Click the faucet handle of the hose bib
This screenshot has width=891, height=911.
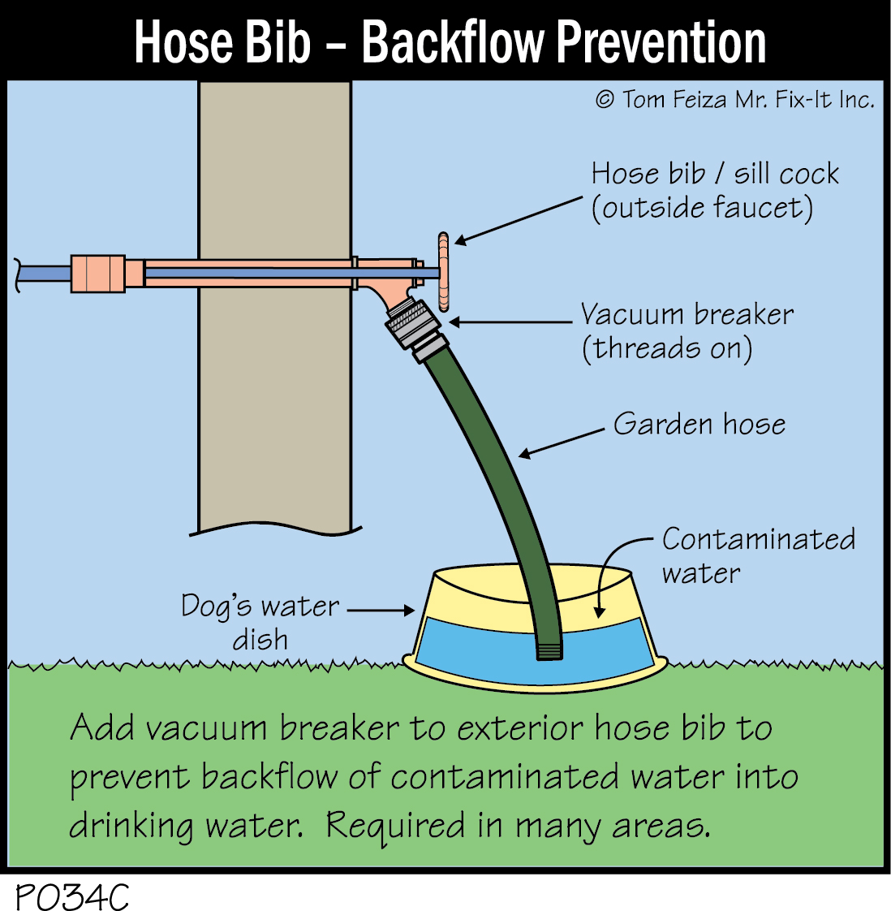coord(443,272)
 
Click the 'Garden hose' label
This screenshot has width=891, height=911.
coord(699,424)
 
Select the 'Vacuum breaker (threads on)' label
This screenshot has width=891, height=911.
coord(686,331)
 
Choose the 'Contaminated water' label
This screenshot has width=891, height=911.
coord(758,555)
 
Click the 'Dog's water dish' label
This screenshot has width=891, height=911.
coord(260,622)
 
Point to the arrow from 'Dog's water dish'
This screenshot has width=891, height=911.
coord(381,610)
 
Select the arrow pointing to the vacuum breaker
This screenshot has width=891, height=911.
coord(511,322)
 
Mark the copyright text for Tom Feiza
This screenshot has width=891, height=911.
coord(735,100)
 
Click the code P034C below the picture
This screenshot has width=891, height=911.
coord(71,896)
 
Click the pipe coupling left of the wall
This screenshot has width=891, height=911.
coord(98,273)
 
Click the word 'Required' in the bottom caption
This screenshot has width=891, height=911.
coord(396,825)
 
